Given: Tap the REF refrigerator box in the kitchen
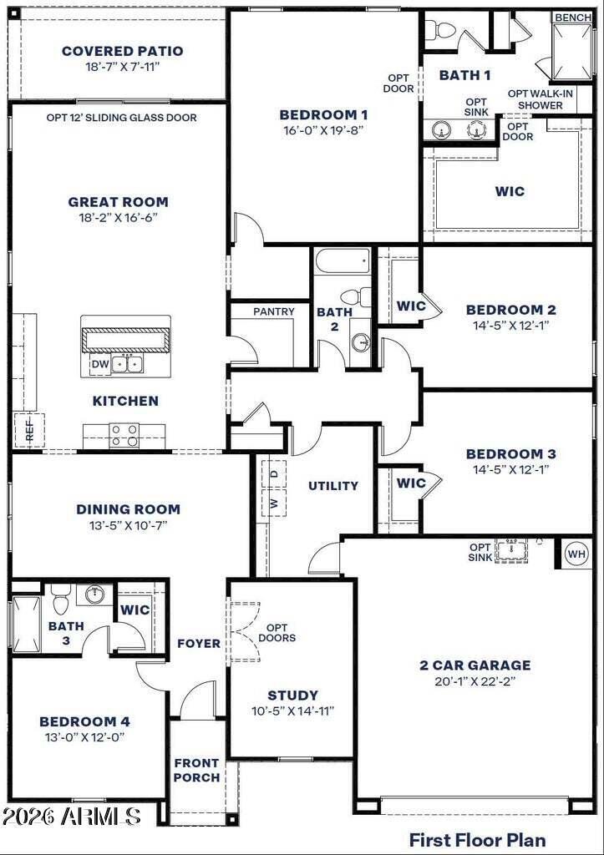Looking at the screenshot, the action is pos(29,431).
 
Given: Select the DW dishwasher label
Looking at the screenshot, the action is pos(100,364).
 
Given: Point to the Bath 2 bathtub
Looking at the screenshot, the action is pos(343,261).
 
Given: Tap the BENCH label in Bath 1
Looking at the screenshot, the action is pos(573,18).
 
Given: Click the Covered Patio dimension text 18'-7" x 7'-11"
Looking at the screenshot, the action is pos(122,67).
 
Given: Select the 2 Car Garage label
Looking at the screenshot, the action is pos(475,665).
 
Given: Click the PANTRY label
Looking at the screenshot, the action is pos(274,311).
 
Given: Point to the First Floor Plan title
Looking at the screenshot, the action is pos(477,839).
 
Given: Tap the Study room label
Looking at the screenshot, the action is pos(292,696).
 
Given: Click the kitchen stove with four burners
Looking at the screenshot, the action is pos(124,435).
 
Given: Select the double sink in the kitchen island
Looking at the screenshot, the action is pos(127,364).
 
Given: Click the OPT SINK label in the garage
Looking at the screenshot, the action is pos(480,552).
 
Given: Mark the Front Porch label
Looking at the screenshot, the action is pos(197,770).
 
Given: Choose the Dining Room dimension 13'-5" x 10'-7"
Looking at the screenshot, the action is pos(128,525).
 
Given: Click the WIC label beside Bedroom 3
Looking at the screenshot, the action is pos(411,483).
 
